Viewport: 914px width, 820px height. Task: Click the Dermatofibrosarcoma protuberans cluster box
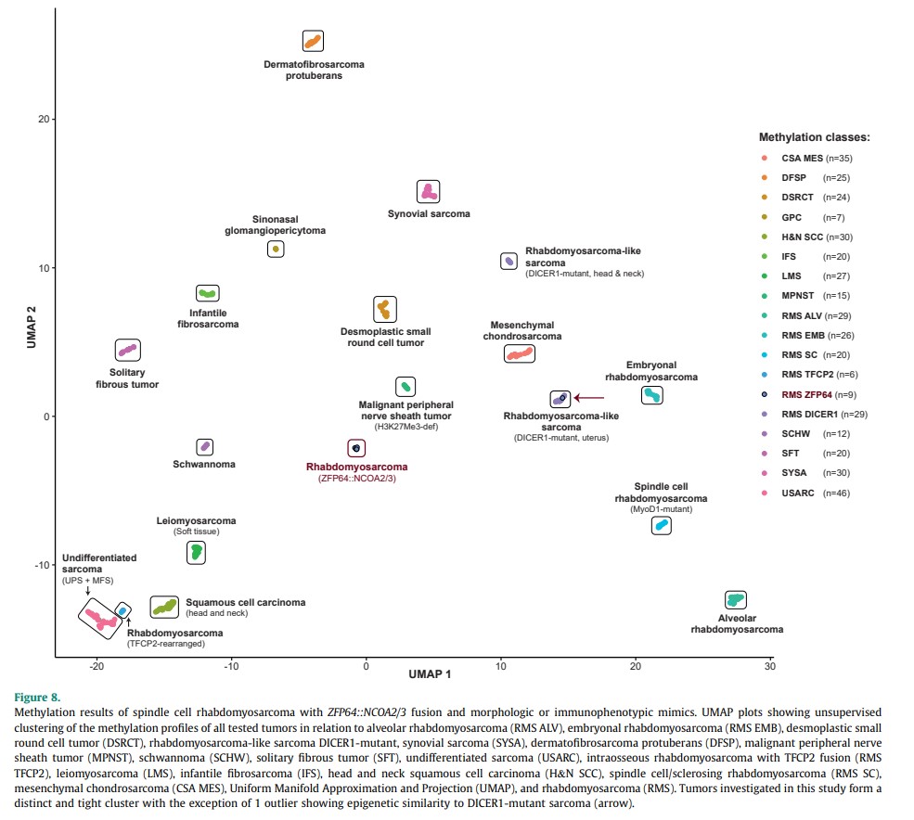313,41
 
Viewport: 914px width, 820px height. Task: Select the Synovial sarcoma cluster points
428,192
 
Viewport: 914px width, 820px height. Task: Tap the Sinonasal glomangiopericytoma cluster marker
276,249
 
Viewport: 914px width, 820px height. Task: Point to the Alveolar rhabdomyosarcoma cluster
735,599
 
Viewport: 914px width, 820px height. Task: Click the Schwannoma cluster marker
205,447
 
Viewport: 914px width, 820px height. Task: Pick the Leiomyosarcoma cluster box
196,553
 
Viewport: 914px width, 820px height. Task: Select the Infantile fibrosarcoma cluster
208,294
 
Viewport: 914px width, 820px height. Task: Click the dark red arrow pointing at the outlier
588,398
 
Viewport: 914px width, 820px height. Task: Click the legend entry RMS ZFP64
803,394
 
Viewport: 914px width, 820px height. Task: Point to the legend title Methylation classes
814,137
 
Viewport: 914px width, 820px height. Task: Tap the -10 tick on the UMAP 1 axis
231,667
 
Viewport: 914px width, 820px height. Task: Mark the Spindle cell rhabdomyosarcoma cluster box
662,526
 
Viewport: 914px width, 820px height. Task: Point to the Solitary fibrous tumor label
127,378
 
